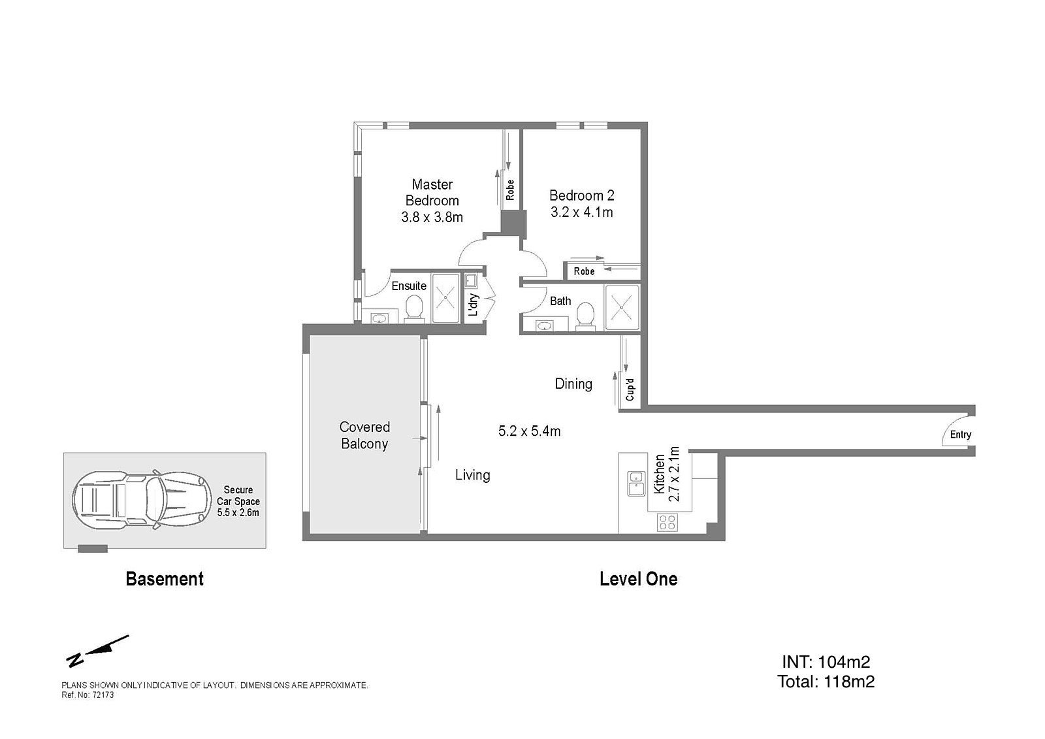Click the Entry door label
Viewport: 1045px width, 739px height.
[961, 435]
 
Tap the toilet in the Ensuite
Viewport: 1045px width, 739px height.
[413, 309]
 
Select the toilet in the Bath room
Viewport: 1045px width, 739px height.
[586, 316]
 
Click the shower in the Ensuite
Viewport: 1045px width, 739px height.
[445, 297]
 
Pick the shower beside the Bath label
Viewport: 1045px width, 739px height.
[621, 307]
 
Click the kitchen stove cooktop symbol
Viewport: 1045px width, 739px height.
[667, 522]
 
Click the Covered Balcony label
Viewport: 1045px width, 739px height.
[364, 436]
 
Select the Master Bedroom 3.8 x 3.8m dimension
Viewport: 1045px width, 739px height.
[432, 217]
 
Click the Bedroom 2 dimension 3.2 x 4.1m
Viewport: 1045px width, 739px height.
[581, 212]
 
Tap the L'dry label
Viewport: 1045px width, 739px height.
[474, 305]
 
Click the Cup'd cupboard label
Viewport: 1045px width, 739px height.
[630, 390]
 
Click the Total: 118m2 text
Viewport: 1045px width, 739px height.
[826, 682]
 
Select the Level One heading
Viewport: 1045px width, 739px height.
[638, 579]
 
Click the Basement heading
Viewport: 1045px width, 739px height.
[165, 579]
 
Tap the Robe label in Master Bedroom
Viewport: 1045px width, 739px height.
[510, 189]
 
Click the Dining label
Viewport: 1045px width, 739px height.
[573, 384]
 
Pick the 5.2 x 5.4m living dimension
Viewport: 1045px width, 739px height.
[529, 431]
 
